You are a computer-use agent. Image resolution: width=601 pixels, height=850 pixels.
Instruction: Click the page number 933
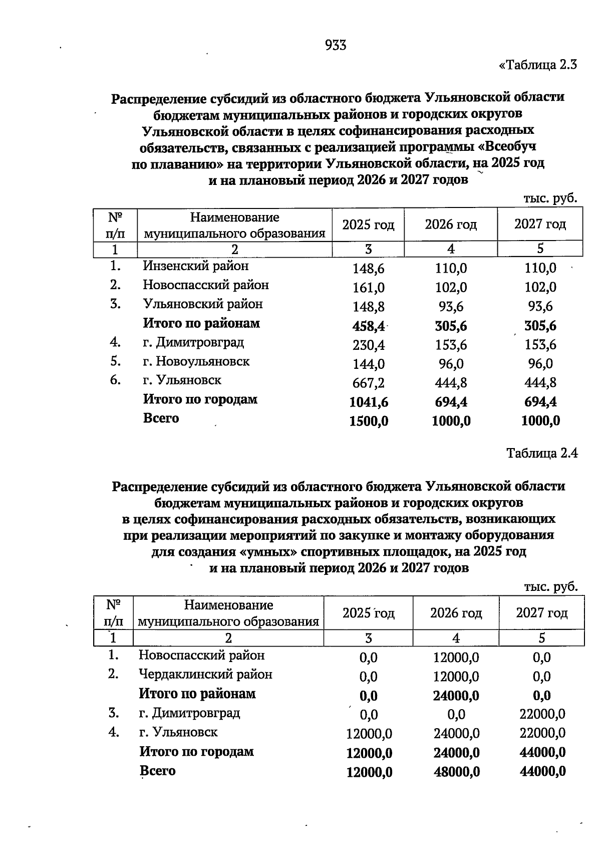point(336,46)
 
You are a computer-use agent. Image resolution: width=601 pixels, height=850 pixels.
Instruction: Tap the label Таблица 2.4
point(542,453)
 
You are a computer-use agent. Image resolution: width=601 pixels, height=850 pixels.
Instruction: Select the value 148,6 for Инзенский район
point(369,269)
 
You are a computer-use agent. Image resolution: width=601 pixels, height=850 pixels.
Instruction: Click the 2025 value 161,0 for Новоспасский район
point(369,288)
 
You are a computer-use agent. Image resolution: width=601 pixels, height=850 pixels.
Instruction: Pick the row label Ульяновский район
point(202,304)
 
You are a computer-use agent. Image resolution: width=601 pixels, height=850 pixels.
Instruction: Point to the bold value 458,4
point(369,326)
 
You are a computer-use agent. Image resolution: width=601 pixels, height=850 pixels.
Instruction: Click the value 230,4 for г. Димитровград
point(369,345)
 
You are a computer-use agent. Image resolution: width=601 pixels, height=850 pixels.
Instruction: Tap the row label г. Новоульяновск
point(196,361)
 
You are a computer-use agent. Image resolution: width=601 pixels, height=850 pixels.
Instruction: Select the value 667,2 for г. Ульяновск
point(369,383)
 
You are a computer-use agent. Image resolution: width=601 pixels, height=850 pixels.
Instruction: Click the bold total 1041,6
point(369,402)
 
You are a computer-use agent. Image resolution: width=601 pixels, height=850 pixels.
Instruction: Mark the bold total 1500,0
point(369,421)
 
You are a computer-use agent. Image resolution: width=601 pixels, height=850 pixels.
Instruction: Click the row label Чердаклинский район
point(205,675)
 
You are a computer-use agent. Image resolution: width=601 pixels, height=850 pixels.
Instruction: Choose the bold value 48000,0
point(456,772)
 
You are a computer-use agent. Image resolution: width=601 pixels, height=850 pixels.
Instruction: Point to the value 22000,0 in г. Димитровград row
point(542,714)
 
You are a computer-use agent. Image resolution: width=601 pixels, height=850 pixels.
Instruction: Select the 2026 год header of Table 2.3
point(451,225)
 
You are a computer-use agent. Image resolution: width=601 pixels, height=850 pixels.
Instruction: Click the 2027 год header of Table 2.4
point(542,613)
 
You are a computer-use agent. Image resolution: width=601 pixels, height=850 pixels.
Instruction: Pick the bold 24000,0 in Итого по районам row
point(456,696)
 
